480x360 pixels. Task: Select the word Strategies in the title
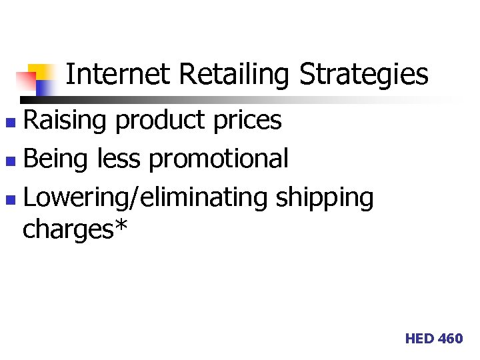click(363, 75)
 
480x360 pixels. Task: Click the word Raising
click(65, 121)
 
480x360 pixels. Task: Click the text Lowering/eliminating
click(145, 198)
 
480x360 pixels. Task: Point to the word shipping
click(325, 199)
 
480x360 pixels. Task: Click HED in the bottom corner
click(419, 339)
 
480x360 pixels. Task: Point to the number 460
click(450, 339)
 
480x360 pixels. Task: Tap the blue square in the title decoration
click(45, 87)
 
